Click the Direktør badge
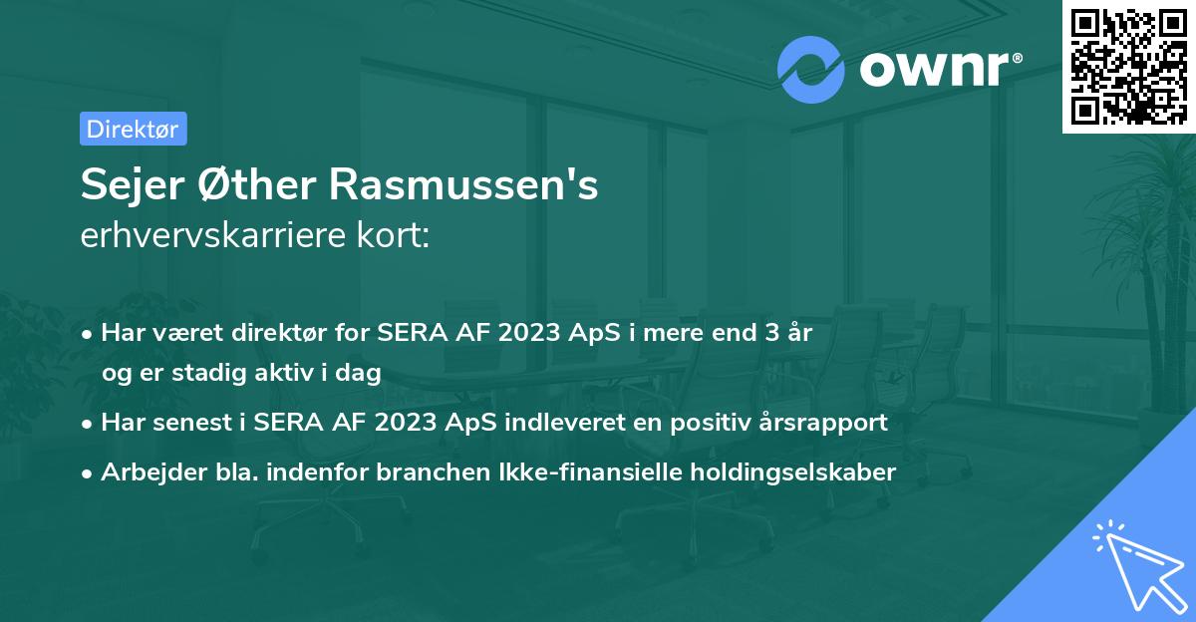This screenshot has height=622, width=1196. [133, 129]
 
